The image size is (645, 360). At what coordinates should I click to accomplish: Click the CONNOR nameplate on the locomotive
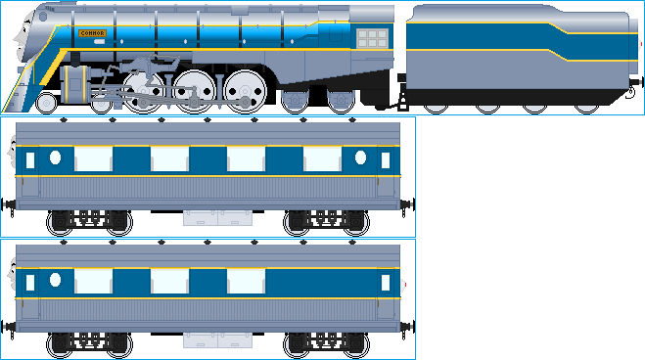[x=91, y=33]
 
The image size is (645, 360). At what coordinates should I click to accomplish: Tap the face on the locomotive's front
[x=19, y=44]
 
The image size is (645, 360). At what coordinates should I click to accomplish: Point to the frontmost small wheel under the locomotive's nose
[x=45, y=102]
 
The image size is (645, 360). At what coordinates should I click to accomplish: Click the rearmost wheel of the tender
[x=586, y=103]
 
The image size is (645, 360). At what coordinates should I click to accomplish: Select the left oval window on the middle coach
[x=56, y=157]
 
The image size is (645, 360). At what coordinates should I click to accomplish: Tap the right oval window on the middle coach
[x=360, y=157]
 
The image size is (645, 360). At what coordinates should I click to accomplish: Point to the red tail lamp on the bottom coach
[x=405, y=285]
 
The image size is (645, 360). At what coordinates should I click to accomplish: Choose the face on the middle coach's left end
[x=12, y=157]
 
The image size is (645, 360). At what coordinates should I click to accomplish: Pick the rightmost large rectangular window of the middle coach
[x=323, y=158]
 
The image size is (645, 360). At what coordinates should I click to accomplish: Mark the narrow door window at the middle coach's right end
[x=385, y=159]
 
